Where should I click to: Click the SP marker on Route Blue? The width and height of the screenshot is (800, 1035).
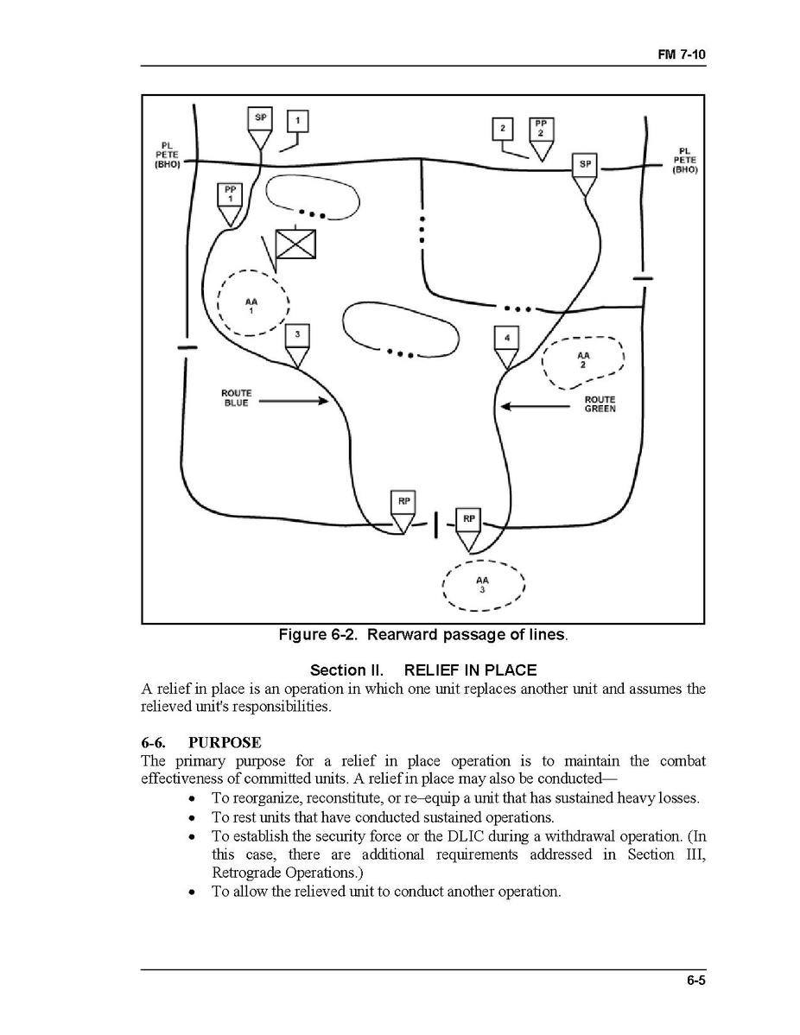[x=261, y=118]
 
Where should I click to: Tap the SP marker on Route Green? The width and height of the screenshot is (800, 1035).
[x=585, y=165]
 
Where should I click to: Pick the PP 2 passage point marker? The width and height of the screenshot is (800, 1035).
[x=541, y=130]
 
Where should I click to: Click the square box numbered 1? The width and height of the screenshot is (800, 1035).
[x=297, y=121]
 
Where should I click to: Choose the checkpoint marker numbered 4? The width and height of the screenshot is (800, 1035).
[x=506, y=338]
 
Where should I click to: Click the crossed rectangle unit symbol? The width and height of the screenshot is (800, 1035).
[x=295, y=244]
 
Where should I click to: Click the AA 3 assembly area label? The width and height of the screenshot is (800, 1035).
[x=482, y=585]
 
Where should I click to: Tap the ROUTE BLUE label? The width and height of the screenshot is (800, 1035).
[x=236, y=398]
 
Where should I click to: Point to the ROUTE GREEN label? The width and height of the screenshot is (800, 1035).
[x=600, y=403]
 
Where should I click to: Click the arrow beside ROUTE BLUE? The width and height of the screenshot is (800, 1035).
[x=294, y=400]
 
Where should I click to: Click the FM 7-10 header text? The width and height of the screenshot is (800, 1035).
[x=683, y=54]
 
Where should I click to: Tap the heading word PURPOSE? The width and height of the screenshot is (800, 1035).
[x=225, y=742]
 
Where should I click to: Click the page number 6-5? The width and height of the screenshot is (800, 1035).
[x=697, y=980]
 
